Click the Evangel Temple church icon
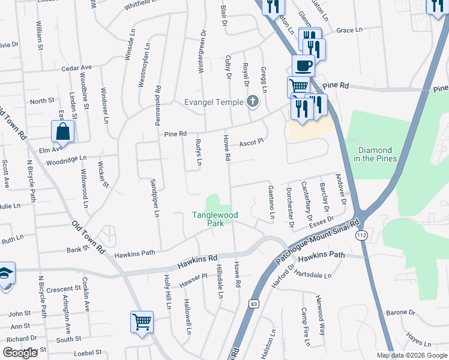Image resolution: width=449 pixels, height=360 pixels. pyautogui.click(x=253, y=101)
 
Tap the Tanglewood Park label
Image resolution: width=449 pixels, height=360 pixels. pyautogui.click(x=215, y=218)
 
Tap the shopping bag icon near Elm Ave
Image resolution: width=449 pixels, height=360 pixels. pyautogui.click(x=62, y=131)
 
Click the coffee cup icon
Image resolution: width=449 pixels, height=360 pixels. pyautogui.click(x=303, y=65)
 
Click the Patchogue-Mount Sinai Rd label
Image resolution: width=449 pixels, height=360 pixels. pyautogui.click(x=316, y=241)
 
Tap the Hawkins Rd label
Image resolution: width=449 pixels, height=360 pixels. pyautogui.click(x=197, y=262)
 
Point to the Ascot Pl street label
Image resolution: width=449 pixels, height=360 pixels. pyautogui.click(x=252, y=143)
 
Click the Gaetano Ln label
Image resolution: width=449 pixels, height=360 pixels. pyautogui.click(x=271, y=202)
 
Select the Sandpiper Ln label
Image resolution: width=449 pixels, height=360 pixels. pyautogui.click(x=155, y=197)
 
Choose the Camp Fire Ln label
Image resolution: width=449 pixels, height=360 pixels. pyautogui.click(x=306, y=327)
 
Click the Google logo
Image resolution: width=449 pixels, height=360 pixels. pyautogui.click(x=20, y=353)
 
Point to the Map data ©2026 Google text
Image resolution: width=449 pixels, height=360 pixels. pyautogui.click(x=411, y=355)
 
